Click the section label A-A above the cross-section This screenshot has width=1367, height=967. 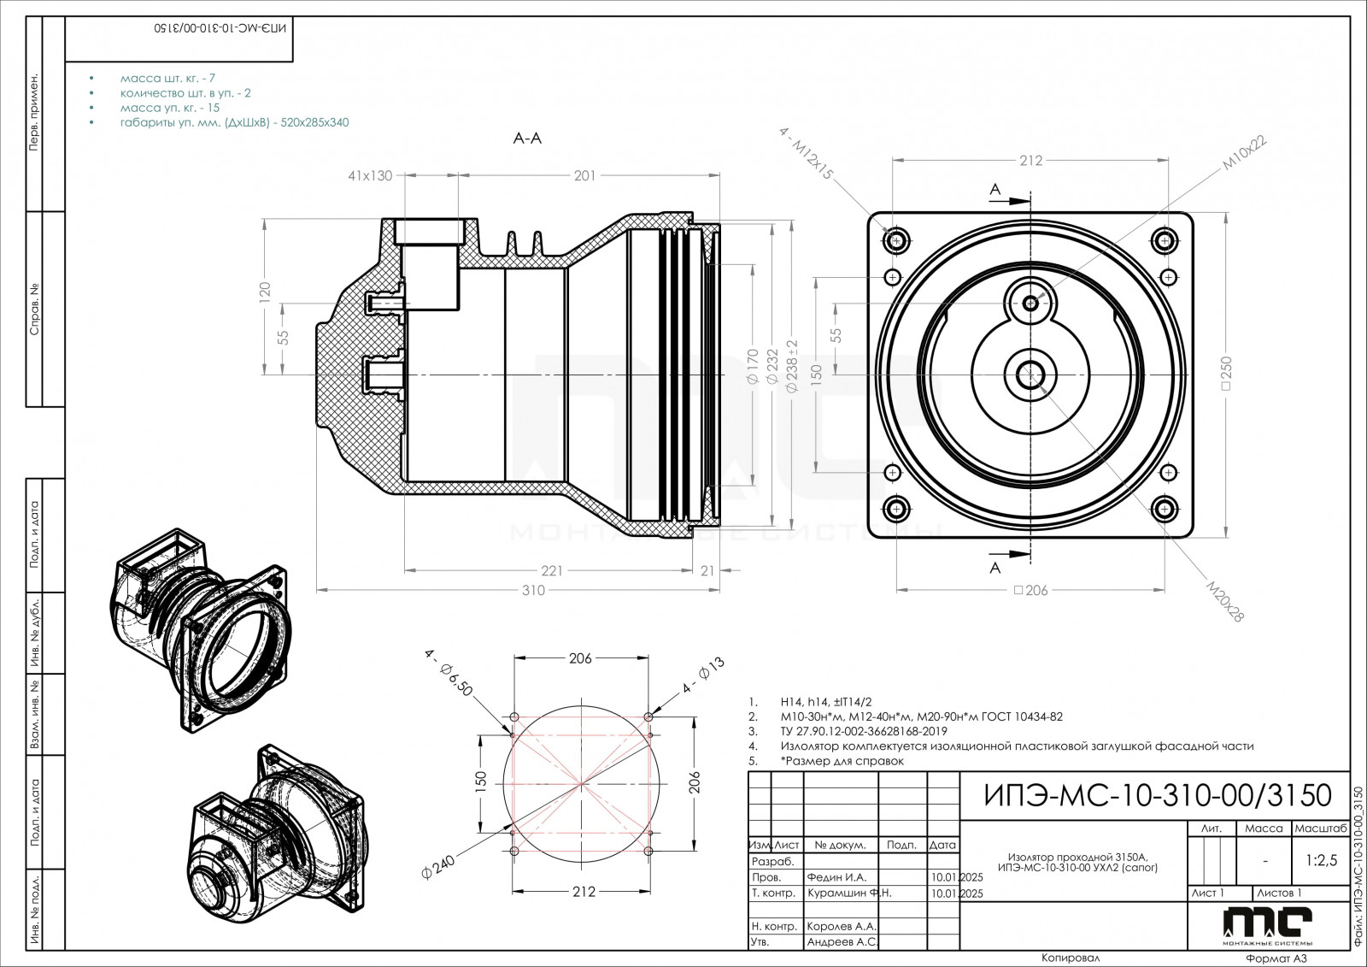pyautogui.click(x=527, y=138)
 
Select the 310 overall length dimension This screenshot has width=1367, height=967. pyautogui.click(x=533, y=590)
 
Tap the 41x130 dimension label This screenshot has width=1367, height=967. pyautogui.click(x=370, y=176)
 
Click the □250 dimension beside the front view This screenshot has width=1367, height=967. pyautogui.click(x=1227, y=374)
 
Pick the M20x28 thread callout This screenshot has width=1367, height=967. pyautogui.click(x=1225, y=601)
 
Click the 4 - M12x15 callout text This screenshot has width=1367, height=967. pyautogui.click(x=806, y=153)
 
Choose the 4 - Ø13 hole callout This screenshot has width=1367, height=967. pyautogui.click(x=703, y=675)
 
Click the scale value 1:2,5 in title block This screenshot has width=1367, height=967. pyautogui.click(x=1321, y=860)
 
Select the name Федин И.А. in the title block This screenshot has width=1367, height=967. pyautogui.click(x=836, y=877)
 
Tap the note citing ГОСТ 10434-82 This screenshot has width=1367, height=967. pyautogui.click(x=921, y=716)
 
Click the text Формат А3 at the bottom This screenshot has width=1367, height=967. pyautogui.click(x=1276, y=958)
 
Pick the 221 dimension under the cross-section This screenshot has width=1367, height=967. pyautogui.click(x=552, y=570)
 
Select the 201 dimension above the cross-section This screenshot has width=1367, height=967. pyautogui.click(x=584, y=176)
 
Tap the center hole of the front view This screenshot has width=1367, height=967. pyautogui.click(x=1031, y=373)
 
